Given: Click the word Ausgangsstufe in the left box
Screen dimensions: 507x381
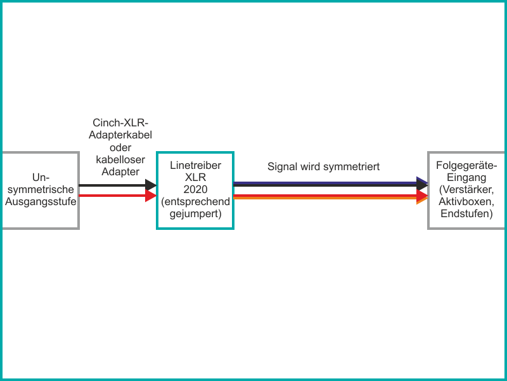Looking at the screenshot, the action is [x=41, y=202].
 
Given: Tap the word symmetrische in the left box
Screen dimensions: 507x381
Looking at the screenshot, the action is [x=41, y=189].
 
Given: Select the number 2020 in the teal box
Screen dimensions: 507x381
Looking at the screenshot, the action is [x=195, y=189].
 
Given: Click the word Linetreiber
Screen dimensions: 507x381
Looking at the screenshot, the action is [x=195, y=165].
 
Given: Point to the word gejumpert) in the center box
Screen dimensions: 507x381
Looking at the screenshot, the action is [x=195, y=214].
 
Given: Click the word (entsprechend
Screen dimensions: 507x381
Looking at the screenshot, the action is [x=195, y=202].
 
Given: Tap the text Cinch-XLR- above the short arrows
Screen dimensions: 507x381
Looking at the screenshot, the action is [x=120, y=123].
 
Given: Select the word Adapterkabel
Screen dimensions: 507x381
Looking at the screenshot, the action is [x=120, y=135].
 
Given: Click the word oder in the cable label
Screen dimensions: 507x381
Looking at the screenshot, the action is [x=120, y=147].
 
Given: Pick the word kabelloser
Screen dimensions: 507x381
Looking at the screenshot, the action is [x=120, y=159].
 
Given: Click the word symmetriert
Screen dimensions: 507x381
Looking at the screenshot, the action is [x=352, y=167].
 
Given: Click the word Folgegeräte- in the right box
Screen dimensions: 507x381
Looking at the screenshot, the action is [x=466, y=165].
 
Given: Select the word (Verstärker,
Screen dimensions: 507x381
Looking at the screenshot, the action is [x=466, y=189].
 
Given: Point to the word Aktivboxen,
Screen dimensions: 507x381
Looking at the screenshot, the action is [x=466, y=202].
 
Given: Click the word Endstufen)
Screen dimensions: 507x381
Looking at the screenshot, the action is [x=466, y=214].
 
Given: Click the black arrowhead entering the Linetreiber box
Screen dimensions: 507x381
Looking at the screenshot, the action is [x=151, y=185].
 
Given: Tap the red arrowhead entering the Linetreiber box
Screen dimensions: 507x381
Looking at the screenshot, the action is [x=151, y=196].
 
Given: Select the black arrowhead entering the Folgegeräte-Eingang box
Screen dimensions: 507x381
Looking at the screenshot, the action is [x=422, y=185].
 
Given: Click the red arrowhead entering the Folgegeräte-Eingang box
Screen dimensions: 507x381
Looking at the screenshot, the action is [x=422, y=196].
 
